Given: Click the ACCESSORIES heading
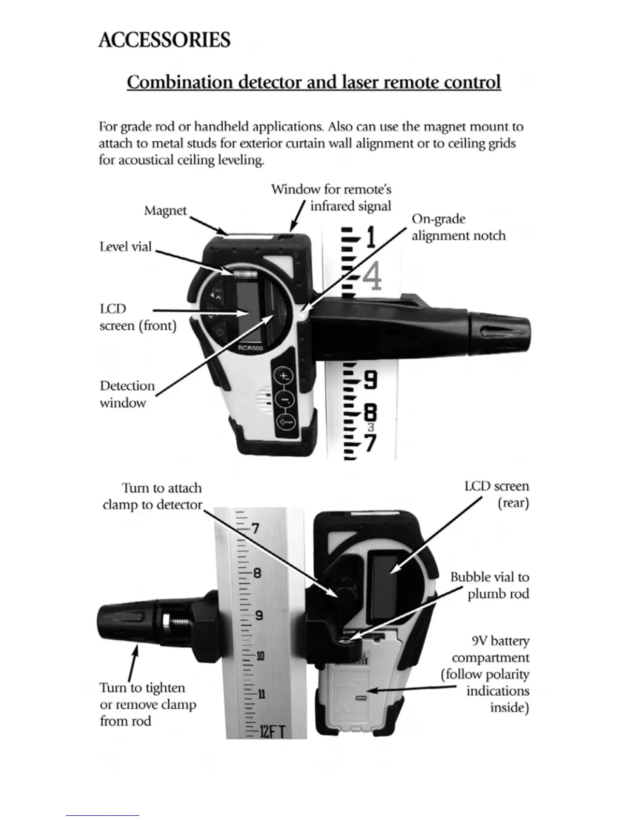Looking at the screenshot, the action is pyautogui.click(x=164, y=40).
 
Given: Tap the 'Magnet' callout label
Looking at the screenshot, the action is pyautogui.click(x=165, y=211).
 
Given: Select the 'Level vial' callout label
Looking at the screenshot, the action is pyautogui.click(x=125, y=246).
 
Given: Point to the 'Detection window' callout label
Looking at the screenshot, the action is pyautogui.click(x=127, y=394).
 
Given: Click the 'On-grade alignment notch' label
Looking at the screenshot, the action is pyautogui.click(x=458, y=227).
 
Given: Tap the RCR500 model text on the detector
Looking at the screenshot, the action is pyautogui.click(x=250, y=348).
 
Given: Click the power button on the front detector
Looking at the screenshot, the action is pyautogui.click(x=220, y=331).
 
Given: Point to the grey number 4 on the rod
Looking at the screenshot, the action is pyautogui.click(x=372, y=277).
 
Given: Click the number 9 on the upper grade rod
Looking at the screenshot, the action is pyautogui.click(x=370, y=381).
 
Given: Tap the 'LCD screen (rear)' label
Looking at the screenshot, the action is pyautogui.click(x=497, y=494).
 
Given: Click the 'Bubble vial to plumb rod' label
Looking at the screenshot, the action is pyautogui.click(x=489, y=585).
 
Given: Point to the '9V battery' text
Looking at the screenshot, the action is pyautogui.click(x=500, y=641).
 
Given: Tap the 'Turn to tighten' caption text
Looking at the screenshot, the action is pyautogui.click(x=142, y=688).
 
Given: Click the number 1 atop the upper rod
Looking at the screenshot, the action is pyautogui.click(x=370, y=239).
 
